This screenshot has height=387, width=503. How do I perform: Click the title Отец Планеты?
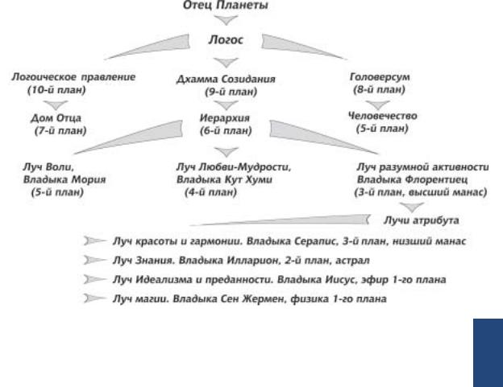(228, 6)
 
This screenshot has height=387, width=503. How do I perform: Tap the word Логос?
(228, 39)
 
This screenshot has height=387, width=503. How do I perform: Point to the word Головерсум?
(380, 77)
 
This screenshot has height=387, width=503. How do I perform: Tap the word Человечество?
(379, 117)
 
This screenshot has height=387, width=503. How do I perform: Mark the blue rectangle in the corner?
(487, 351)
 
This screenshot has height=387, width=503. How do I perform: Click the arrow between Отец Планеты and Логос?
(228, 22)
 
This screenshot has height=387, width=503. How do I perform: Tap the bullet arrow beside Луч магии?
(94, 298)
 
